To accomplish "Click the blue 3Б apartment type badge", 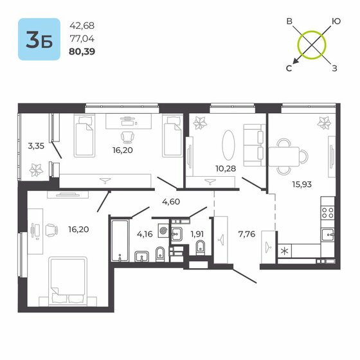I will [39, 39].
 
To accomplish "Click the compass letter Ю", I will [335, 21].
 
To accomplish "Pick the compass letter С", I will [289, 67].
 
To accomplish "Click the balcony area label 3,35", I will [36, 146].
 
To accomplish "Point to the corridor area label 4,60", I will [170, 203].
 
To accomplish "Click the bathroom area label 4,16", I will [144, 233].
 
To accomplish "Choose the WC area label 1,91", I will [197, 233].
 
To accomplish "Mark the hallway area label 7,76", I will [246, 233].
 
